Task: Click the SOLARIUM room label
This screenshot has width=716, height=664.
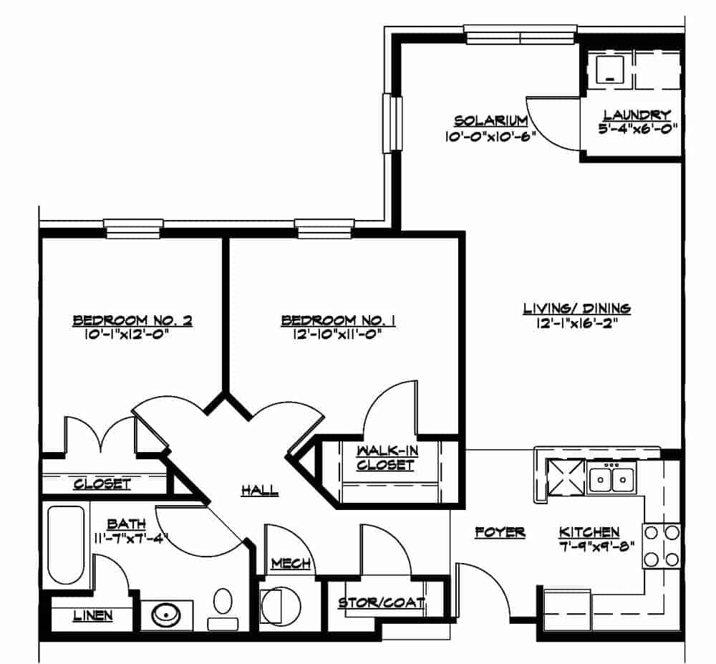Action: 490,121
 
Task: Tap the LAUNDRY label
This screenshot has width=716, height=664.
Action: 637,115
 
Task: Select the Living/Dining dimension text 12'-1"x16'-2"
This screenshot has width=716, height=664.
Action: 576,323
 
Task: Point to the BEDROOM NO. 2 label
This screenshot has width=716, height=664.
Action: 132,320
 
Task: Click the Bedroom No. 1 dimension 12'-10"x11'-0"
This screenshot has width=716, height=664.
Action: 337,335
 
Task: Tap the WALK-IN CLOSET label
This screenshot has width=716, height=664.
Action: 386,458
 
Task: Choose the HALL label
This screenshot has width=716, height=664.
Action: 259,491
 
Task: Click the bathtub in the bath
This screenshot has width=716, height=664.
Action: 66,544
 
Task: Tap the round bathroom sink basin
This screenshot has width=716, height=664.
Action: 166,615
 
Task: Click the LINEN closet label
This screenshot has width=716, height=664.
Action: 92,615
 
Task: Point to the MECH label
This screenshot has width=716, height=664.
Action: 291,564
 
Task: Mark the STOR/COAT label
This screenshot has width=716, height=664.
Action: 382,603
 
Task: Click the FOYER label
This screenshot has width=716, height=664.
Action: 500,532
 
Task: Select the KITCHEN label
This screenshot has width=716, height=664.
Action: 589,532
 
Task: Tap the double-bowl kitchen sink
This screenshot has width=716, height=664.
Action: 611,478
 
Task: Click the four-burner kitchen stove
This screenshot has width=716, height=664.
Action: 662,546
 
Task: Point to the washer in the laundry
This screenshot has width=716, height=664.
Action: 611,70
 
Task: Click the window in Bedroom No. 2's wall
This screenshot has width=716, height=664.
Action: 133,228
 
